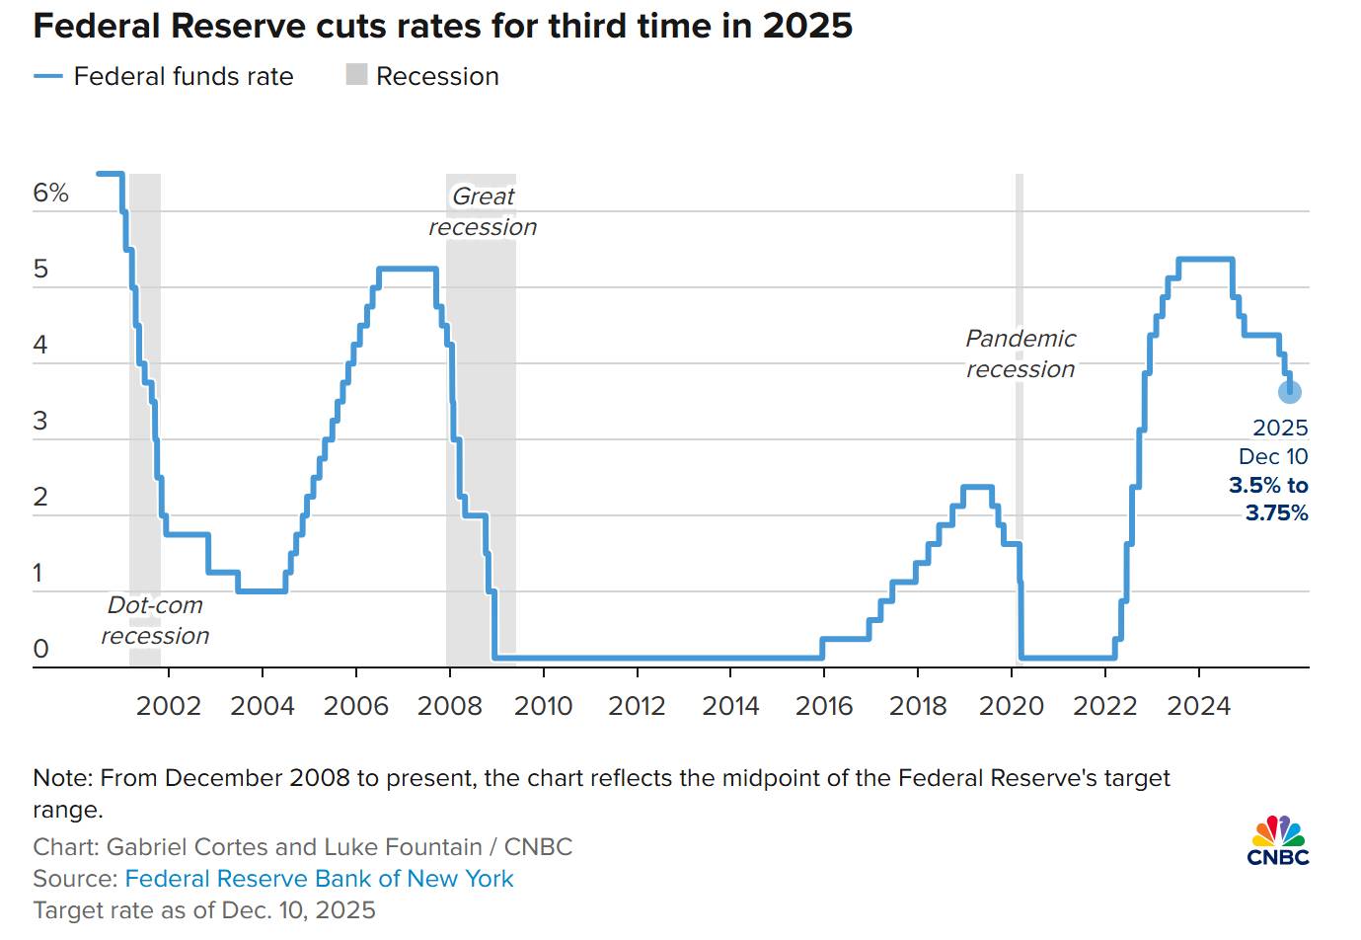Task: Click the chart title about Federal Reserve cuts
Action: click(442, 26)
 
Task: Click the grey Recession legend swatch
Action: click(356, 75)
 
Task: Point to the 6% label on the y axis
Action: click(51, 194)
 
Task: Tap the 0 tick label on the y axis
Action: click(40, 649)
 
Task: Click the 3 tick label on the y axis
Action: click(40, 422)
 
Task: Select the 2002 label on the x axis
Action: click(169, 706)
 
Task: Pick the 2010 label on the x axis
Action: click(543, 706)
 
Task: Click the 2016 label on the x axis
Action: click(824, 706)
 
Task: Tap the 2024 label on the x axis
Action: click(1198, 706)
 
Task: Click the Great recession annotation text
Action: click(483, 211)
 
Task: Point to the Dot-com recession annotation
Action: click(155, 620)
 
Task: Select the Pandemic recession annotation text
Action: click(1021, 353)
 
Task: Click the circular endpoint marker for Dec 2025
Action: click(1289, 392)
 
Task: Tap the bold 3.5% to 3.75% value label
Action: click(1269, 499)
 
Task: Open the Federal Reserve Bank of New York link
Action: click(319, 879)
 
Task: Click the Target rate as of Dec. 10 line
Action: click(204, 910)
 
